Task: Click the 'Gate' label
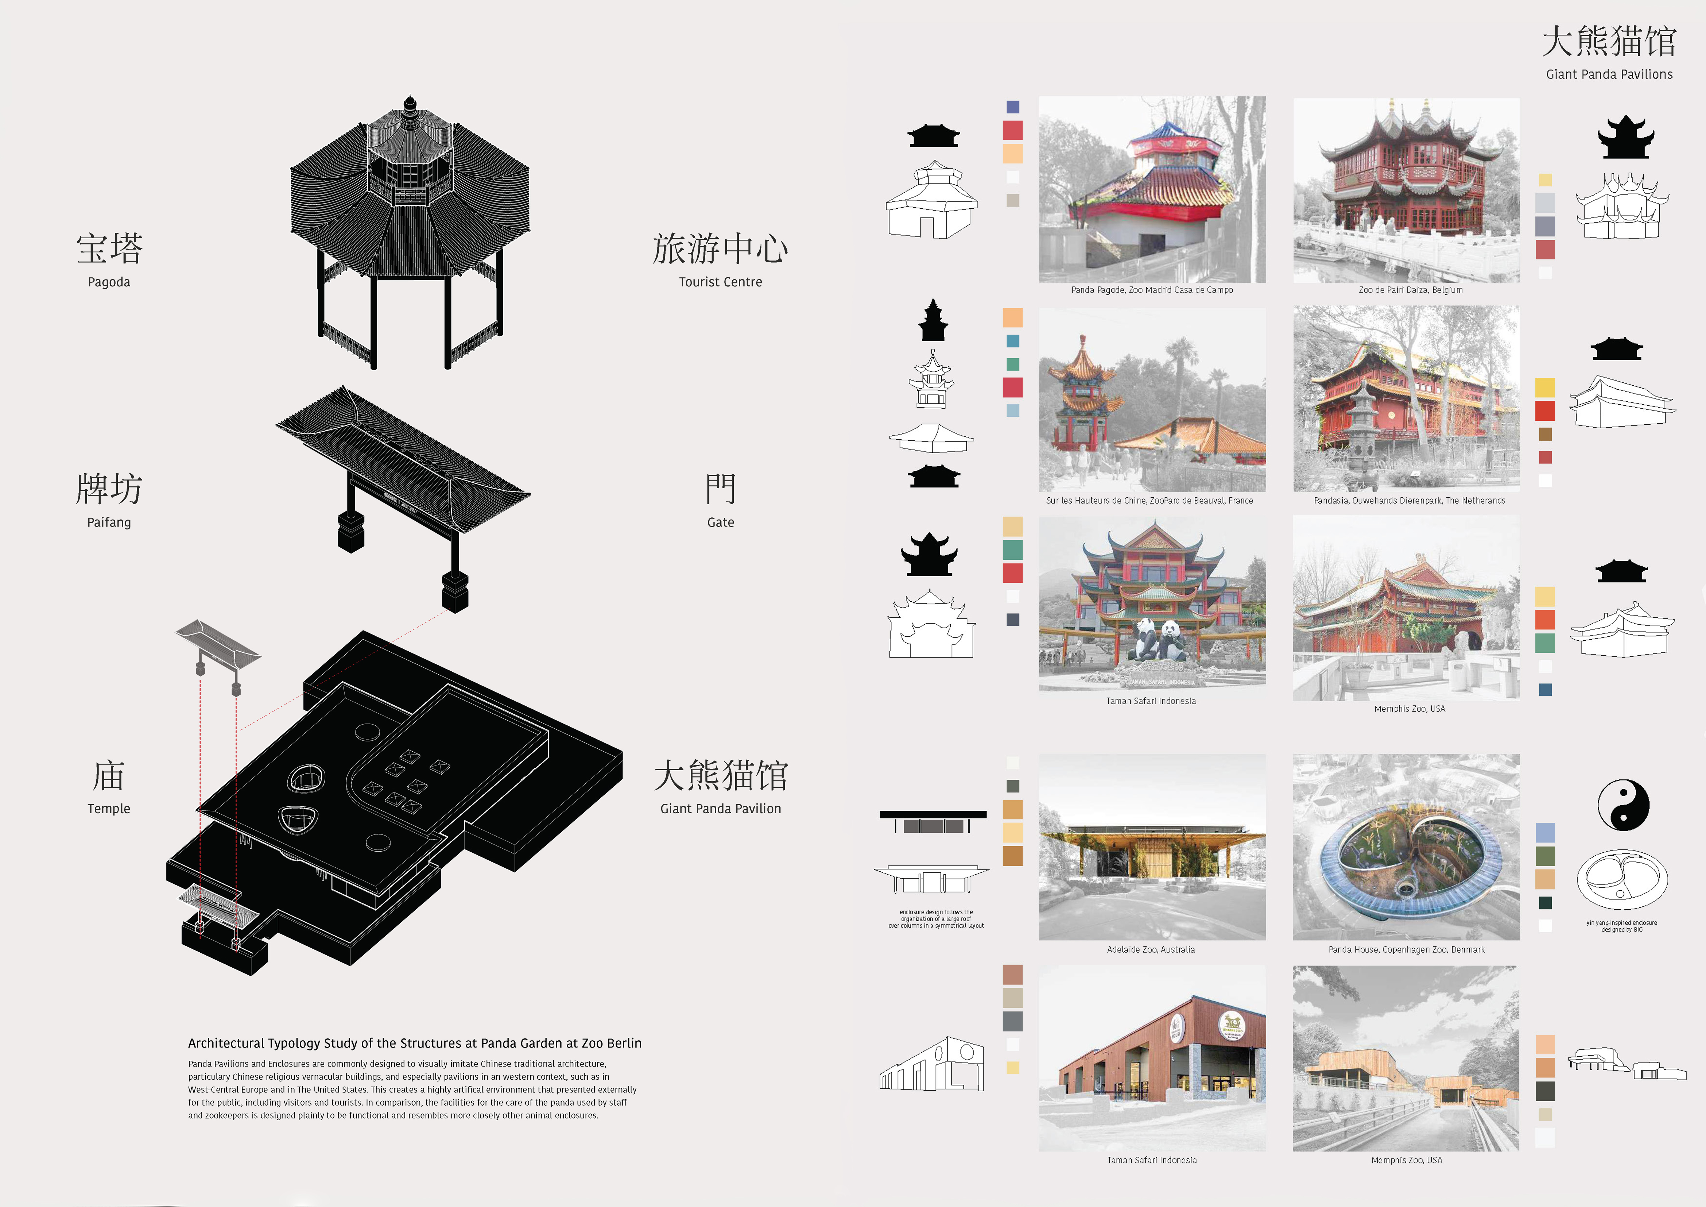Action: click(720, 522)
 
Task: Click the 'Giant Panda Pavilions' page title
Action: click(1609, 74)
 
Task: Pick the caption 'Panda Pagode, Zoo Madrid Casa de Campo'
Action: click(1152, 290)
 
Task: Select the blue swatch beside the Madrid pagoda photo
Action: click(1013, 107)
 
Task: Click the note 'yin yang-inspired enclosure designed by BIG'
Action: click(1622, 926)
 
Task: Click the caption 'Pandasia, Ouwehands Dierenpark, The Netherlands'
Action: click(1410, 501)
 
